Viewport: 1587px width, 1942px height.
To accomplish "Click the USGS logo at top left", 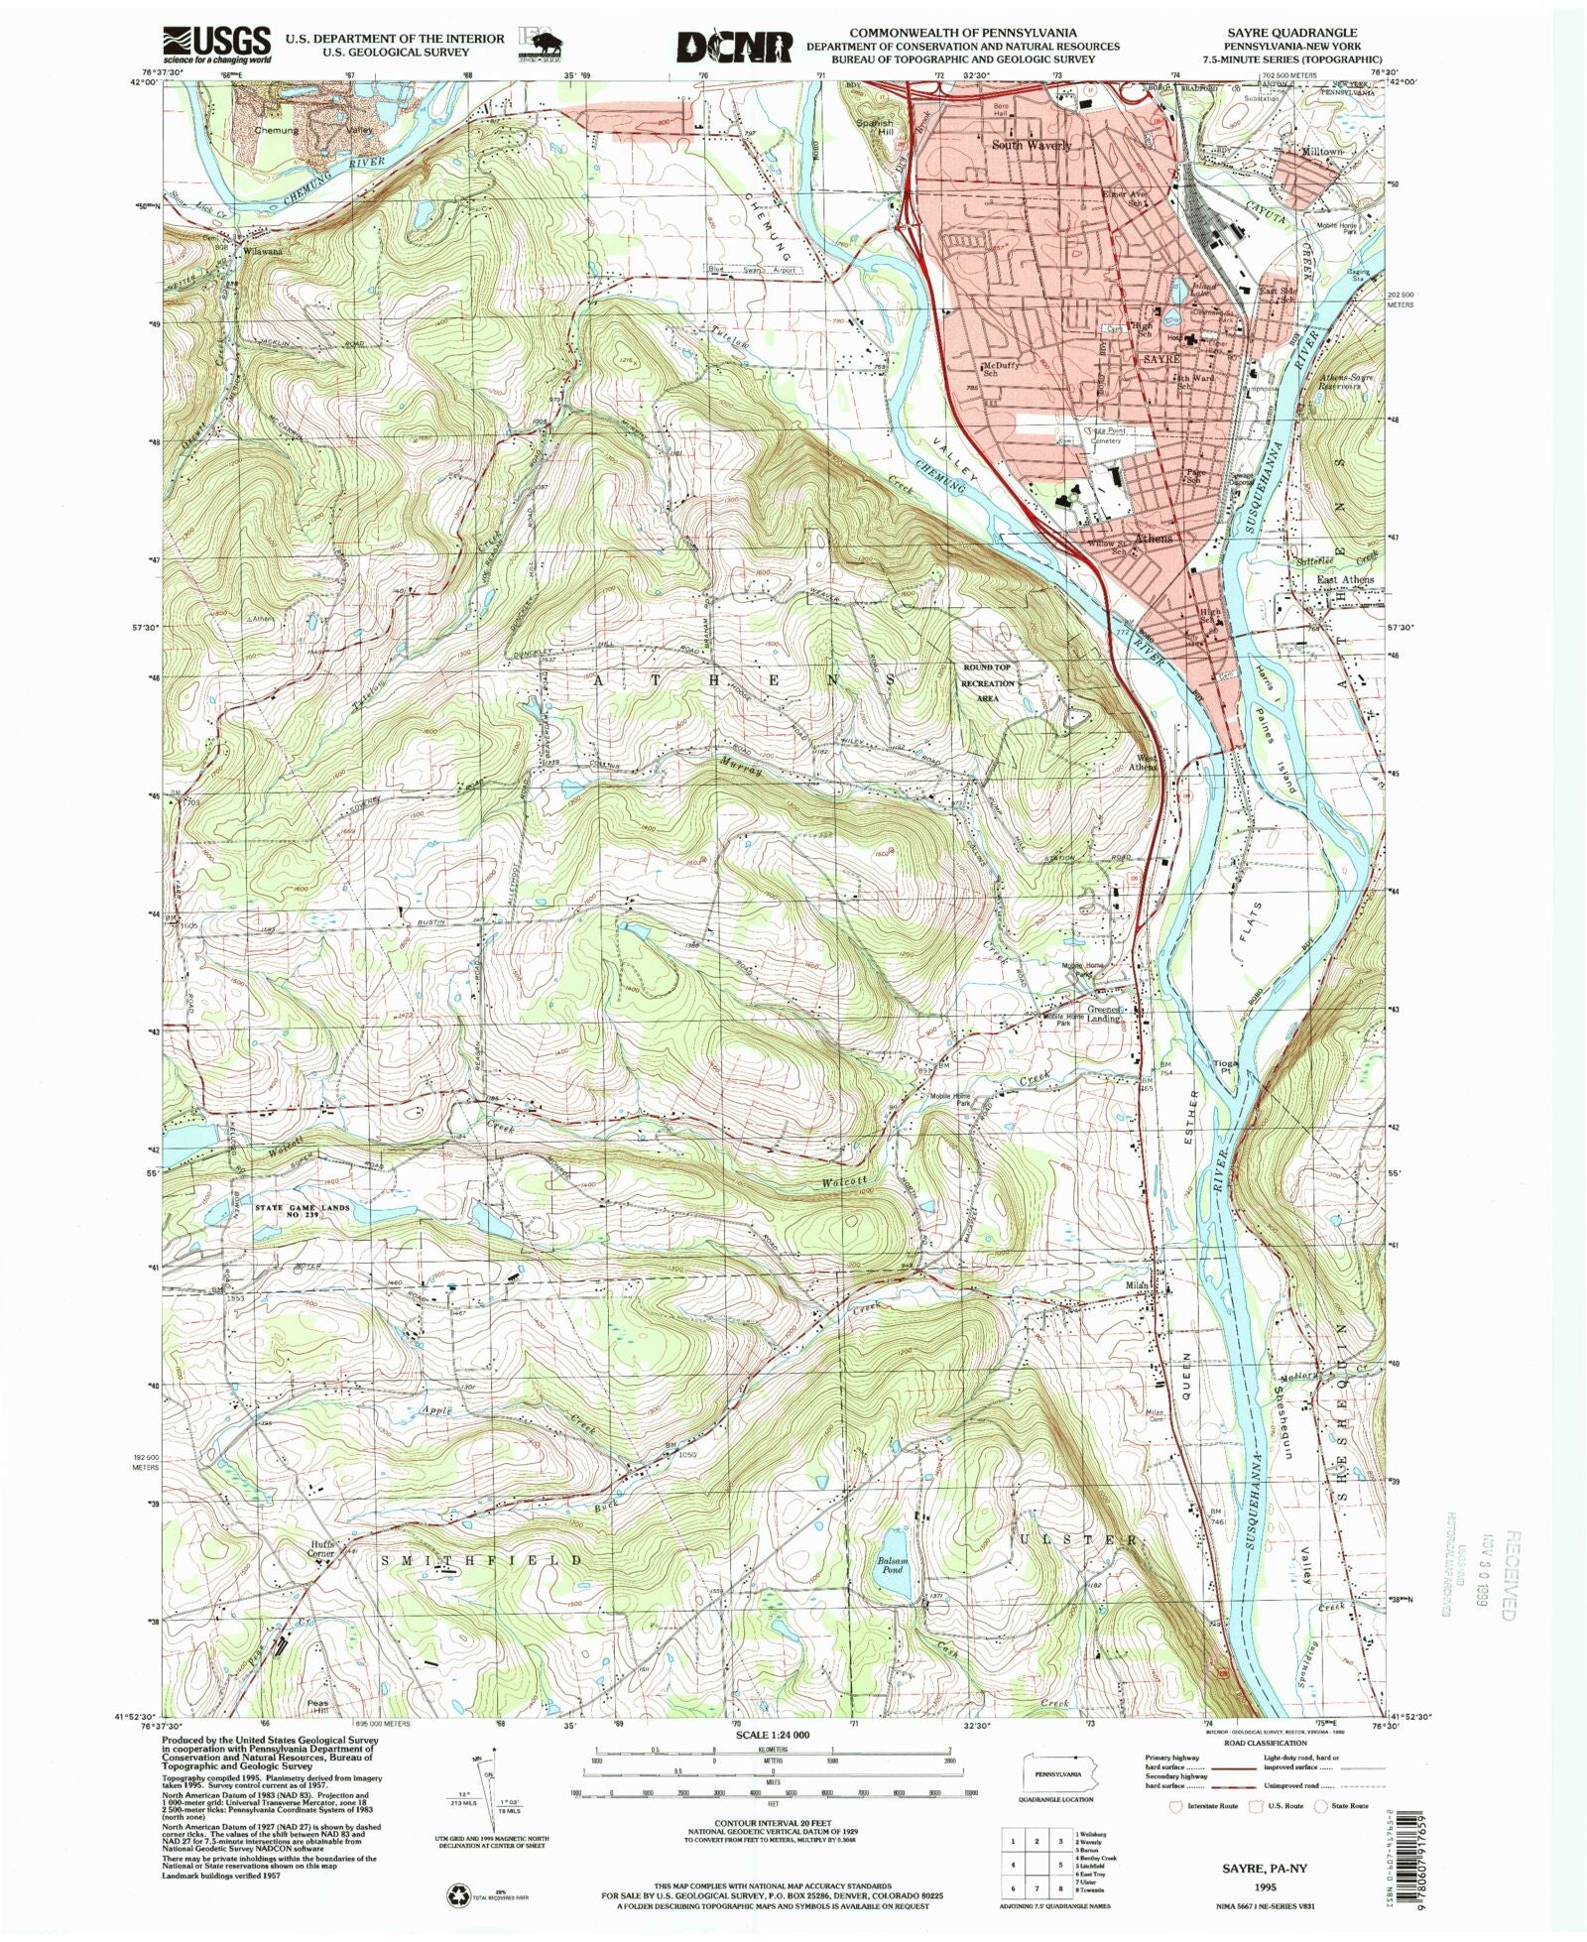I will pyautogui.click(x=216, y=45).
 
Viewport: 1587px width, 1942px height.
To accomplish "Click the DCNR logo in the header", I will pyautogui.click(x=735, y=47).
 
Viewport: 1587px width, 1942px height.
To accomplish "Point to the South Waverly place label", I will pyautogui.click(x=1033, y=145).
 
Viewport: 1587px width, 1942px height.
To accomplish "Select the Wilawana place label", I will pyautogui.click(x=263, y=252).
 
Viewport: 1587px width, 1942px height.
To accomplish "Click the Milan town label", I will pyautogui.click(x=1136, y=1285).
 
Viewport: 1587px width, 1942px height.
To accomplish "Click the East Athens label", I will pyautogui.click(x=1345, y=579).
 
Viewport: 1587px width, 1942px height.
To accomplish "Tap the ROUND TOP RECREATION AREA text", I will pyautogui.click(x=988, y=682).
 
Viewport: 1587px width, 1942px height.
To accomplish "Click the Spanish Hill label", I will pyautogui.click(x=874, y=129).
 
